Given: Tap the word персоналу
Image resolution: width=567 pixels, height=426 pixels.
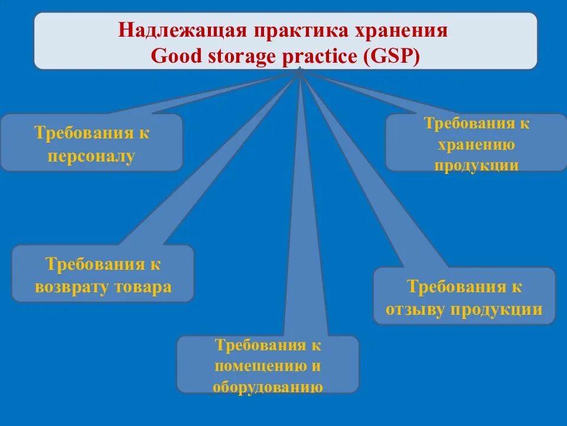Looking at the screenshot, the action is [x=92, y=157].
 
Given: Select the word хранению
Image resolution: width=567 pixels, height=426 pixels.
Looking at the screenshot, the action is [x=476, y=145].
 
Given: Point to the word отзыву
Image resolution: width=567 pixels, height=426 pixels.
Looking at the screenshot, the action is [x=417, y=309].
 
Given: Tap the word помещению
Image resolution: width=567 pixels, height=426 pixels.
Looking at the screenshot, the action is [x=260, y=366].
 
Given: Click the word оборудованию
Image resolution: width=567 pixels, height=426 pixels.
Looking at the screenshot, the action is [x=268, y=387].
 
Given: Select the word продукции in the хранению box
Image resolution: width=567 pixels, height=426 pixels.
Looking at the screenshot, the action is [x=476, y=165].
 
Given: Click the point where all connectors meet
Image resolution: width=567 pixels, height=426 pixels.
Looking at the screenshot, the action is [x=301, y=70].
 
